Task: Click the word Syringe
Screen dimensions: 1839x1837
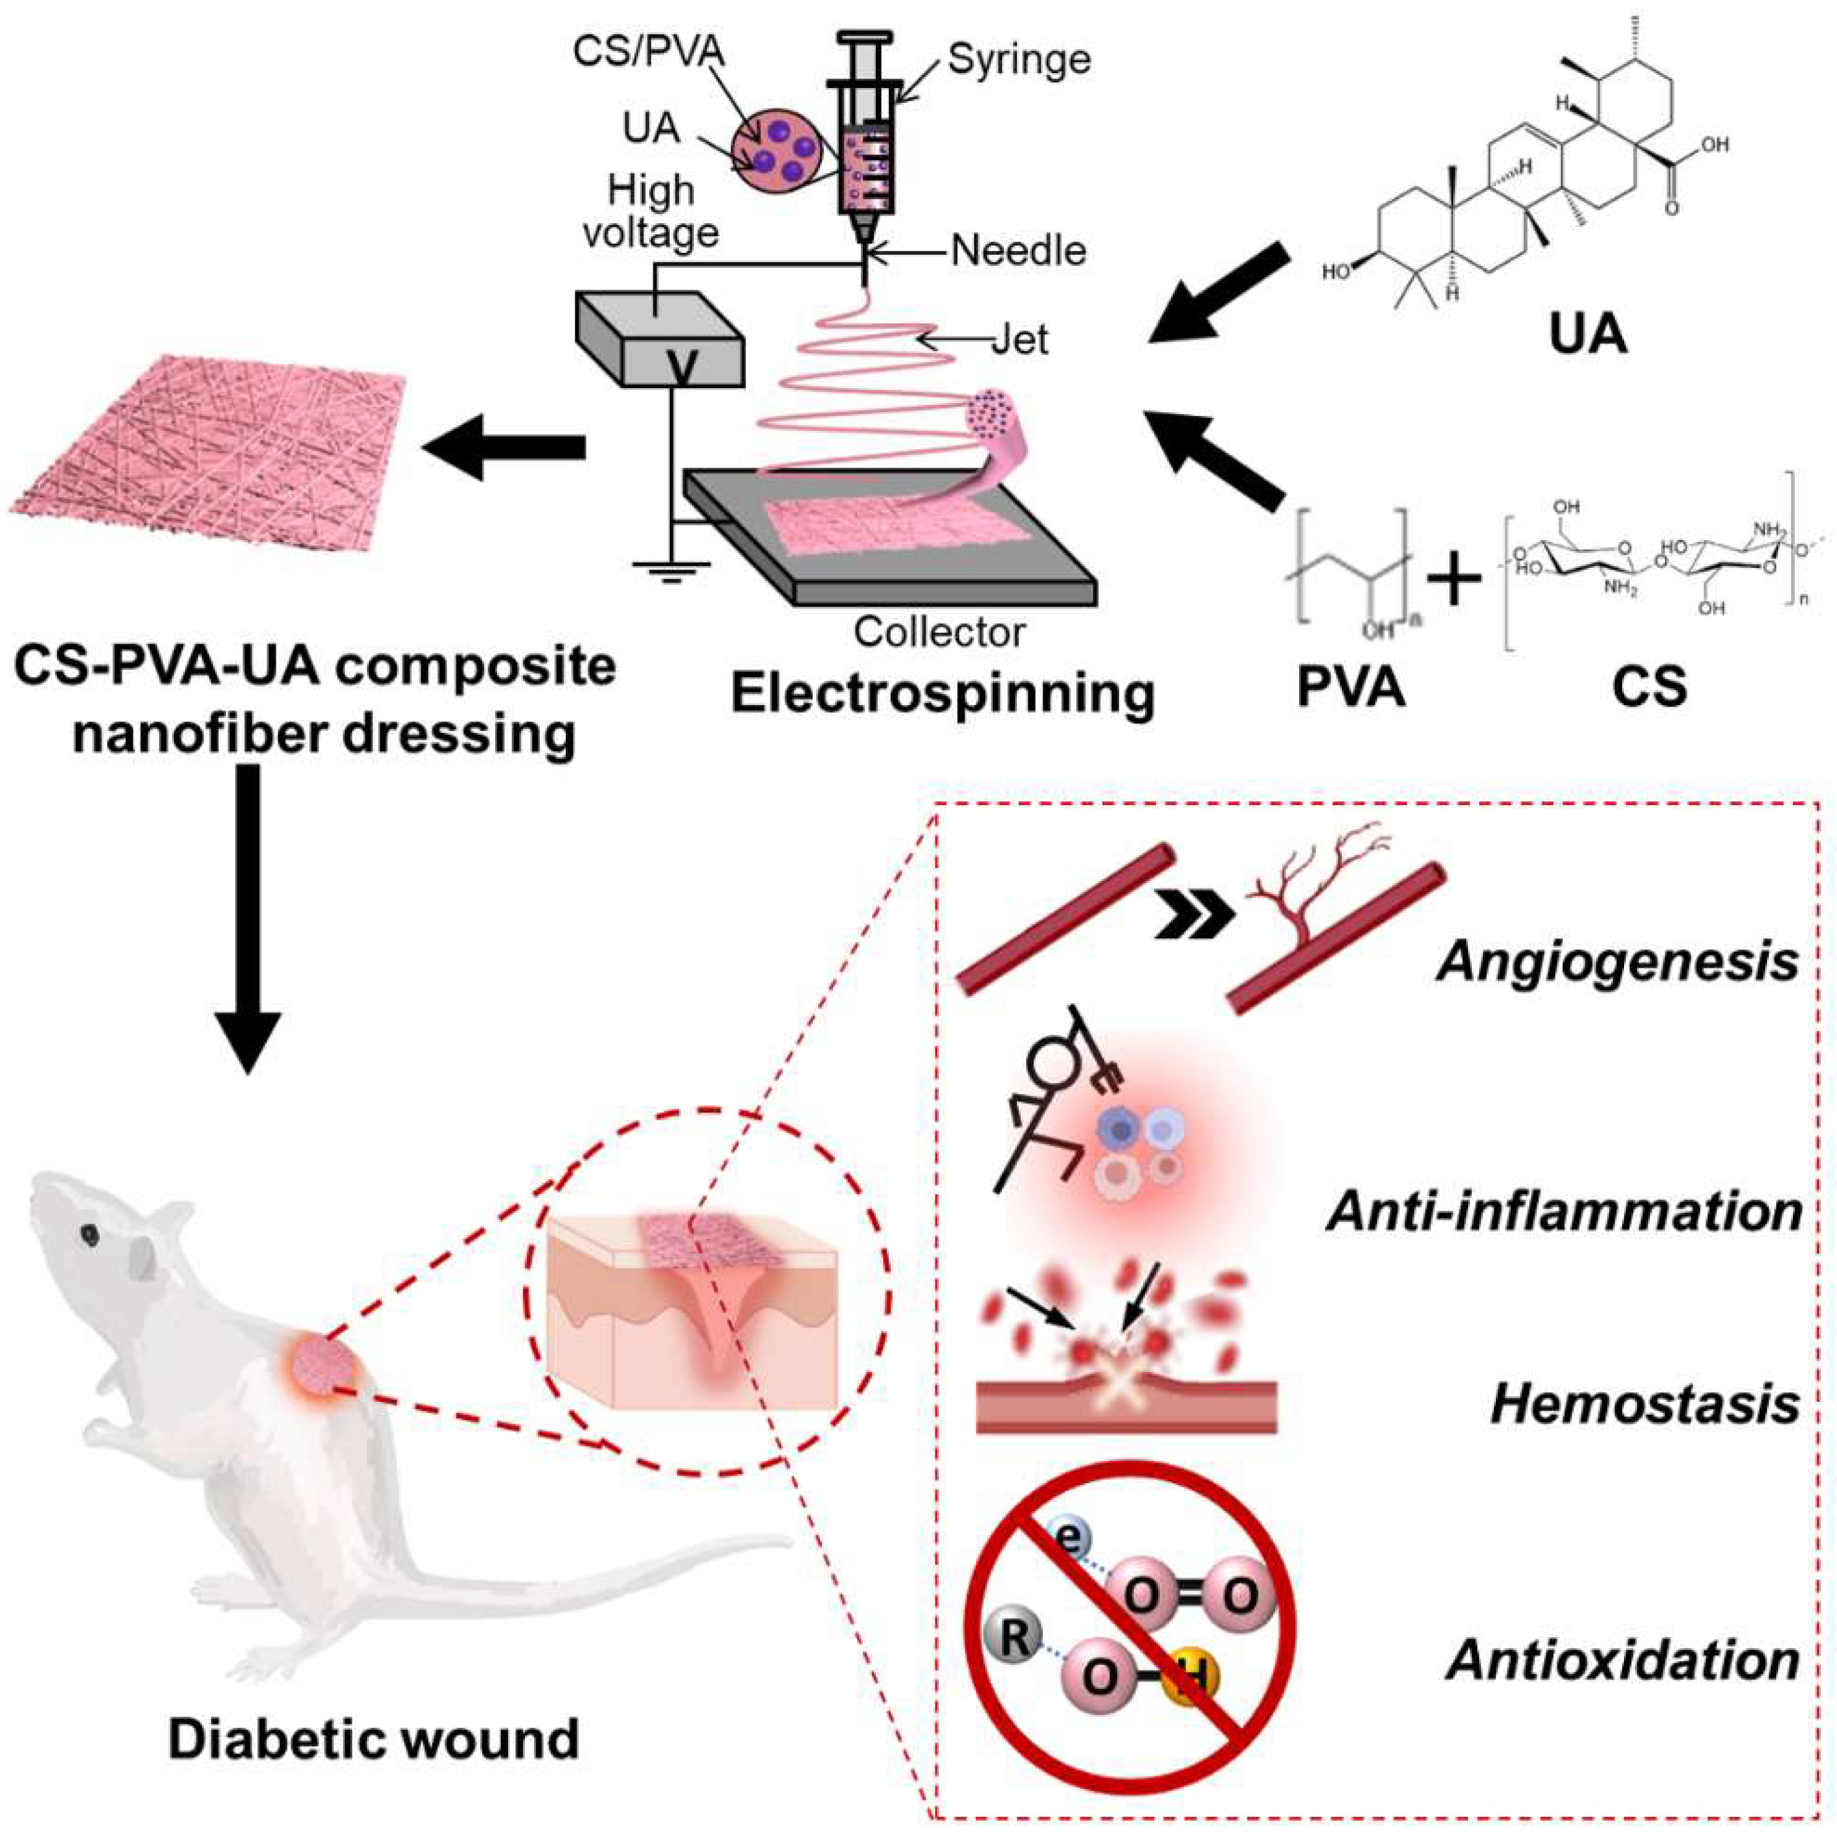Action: [x=1018, y=59]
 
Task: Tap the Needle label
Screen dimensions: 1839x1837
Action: [x=1018, y=251]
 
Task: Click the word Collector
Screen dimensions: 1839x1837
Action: [x=939, y=632]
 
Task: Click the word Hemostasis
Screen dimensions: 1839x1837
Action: [x=1645, y=1404]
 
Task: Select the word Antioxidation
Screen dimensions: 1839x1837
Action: [x=1623, y=1661]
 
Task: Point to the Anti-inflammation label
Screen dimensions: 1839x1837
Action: [x=1564, y=1212]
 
